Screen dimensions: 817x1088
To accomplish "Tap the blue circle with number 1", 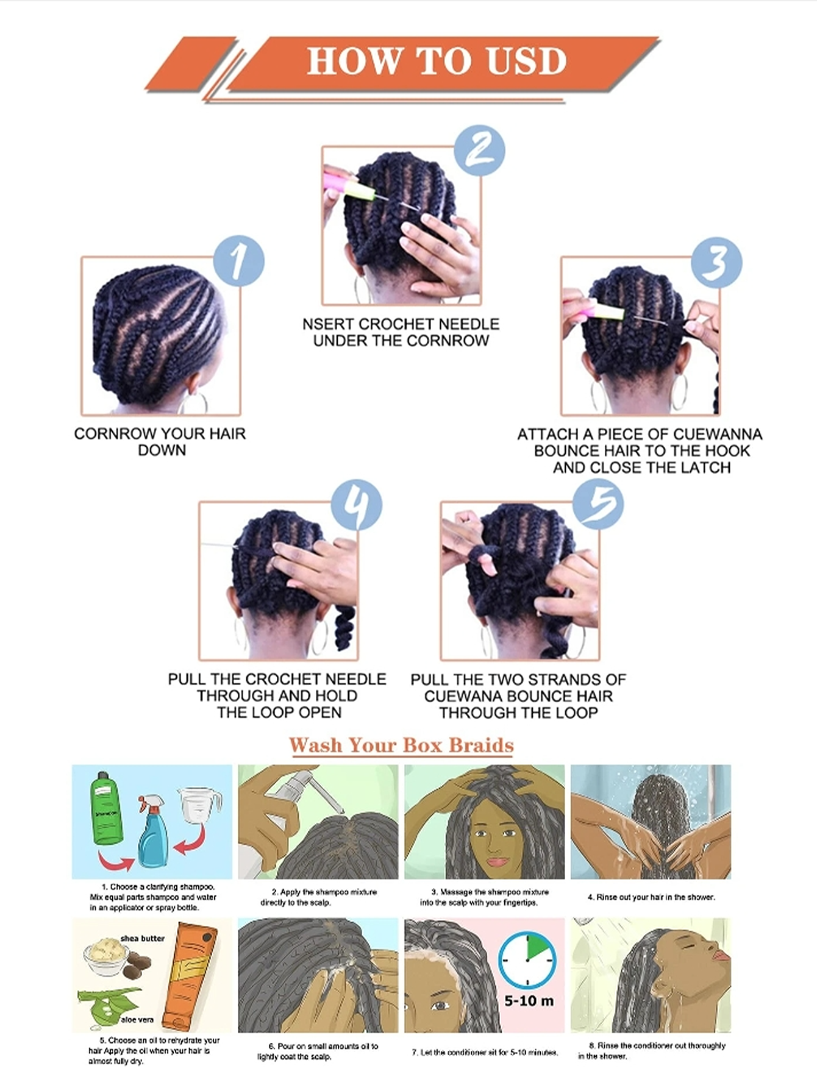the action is click(239, 261).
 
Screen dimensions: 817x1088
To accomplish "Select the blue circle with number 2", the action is click(480, 151).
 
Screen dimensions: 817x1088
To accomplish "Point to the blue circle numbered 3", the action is click(716, 263).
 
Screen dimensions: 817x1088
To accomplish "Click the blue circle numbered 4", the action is click(356, 505).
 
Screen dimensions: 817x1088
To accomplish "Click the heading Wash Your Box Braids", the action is click(401, 745).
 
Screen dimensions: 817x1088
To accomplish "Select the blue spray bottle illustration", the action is click(151, 830).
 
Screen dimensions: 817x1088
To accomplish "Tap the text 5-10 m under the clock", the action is click(529, 1001).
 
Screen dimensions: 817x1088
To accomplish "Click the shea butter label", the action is click(143, 938).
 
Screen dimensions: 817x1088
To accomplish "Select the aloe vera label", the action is click(137, 1019).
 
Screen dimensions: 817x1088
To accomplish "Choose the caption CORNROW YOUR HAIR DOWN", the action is click(160, 442).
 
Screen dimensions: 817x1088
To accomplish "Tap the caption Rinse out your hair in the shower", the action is click(651, 897).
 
